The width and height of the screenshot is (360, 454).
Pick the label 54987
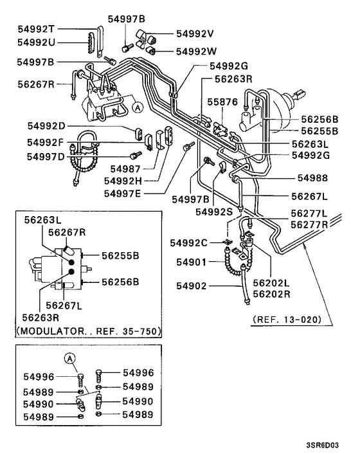(125, 168)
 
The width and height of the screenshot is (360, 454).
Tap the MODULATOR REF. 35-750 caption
(87, 331)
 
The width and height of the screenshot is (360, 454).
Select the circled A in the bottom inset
(69, 359)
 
